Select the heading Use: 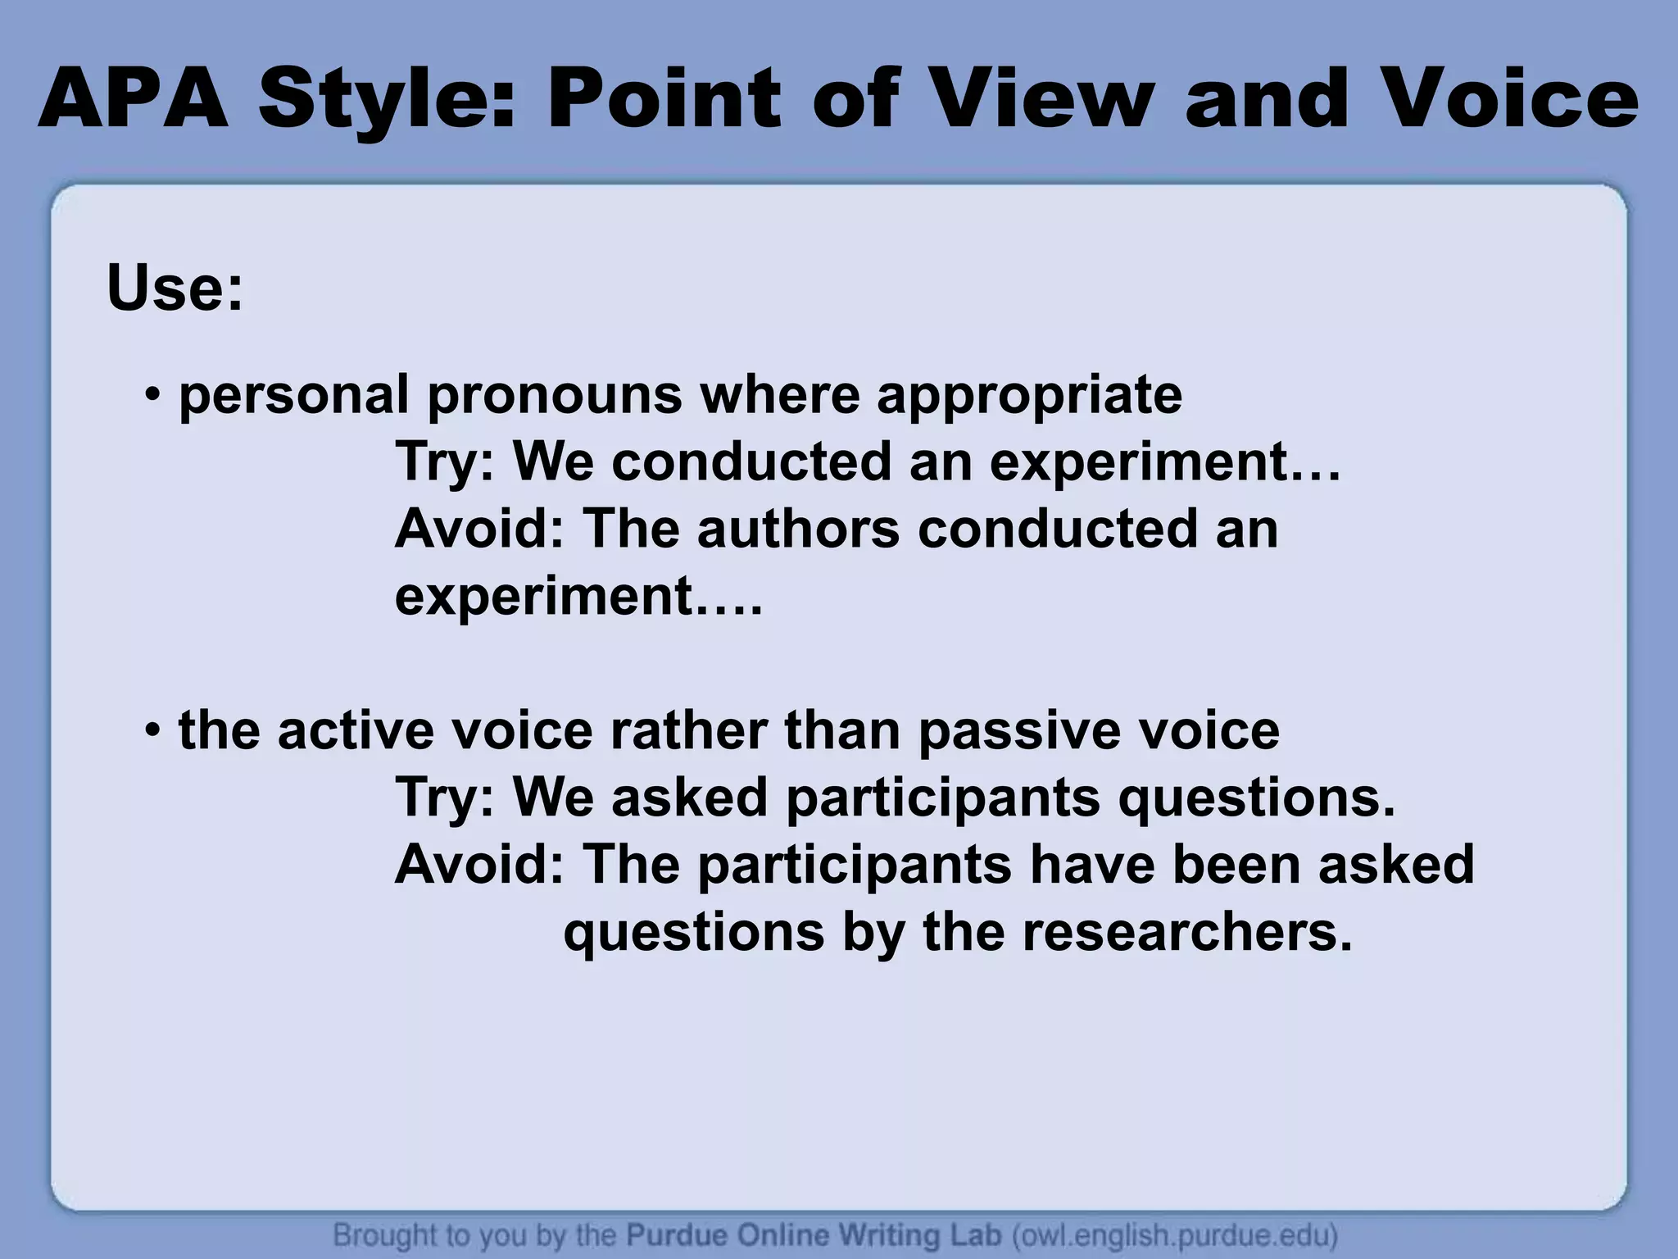pyautogui.click(x=175, y=289)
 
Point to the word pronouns pyautogui.click(x=554, y=396)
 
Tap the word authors pyautogui.click(x=797, y=530)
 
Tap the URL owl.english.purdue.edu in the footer pyautogui.click(x=1175, y=1235)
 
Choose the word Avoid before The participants pyautogui.click(x=478, y=866)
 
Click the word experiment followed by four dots pyautogui.click(x=544, y=597)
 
